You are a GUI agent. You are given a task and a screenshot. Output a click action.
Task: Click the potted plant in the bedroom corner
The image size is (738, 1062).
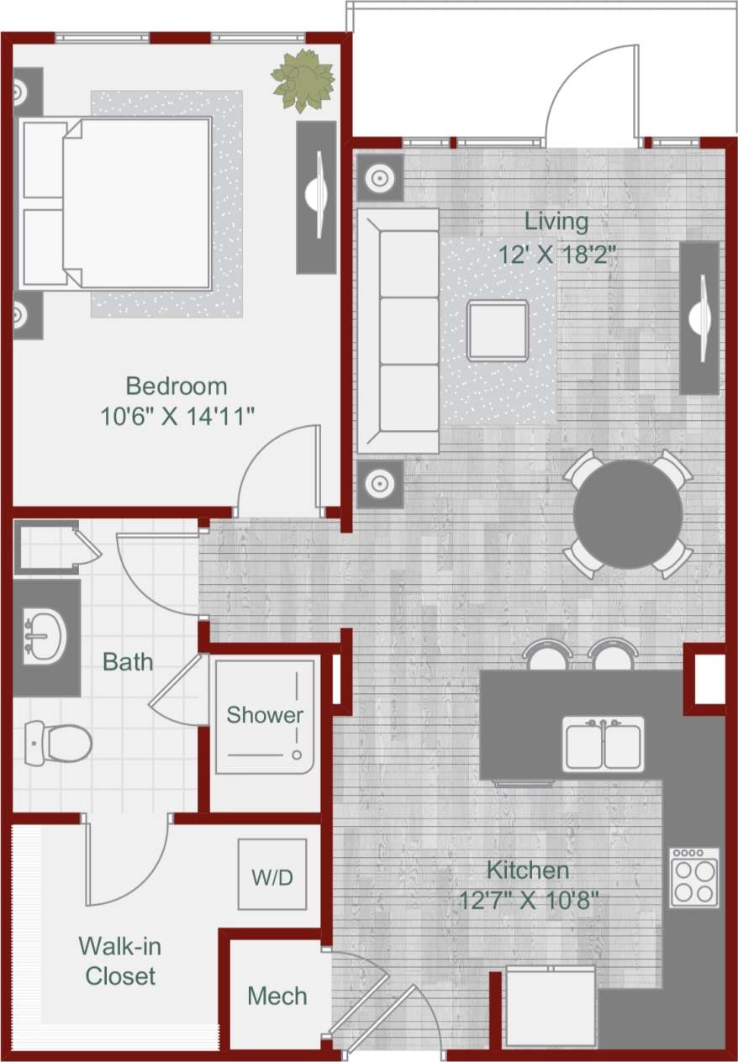[x=303, y=81]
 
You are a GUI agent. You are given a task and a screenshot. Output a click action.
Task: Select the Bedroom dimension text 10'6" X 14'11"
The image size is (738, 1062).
[x=177, y=416]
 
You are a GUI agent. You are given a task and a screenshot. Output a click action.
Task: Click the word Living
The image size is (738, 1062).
[x=556, y=222]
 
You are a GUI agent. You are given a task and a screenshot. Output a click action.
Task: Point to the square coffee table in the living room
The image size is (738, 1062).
[x=498, y=331]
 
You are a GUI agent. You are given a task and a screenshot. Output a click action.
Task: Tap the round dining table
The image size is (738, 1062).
[x=628, y=514]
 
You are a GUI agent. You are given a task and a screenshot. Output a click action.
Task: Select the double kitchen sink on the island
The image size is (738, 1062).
[x=604, y=744]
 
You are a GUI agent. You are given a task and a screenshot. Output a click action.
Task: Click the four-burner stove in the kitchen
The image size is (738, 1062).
[x=694, y=876]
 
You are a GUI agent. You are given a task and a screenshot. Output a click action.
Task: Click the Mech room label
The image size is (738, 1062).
[x=277, y=996]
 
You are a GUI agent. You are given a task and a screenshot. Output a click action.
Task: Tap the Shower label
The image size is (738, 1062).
[x=265, y=715]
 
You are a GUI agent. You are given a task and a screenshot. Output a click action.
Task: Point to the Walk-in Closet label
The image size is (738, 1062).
[x=119, y=960]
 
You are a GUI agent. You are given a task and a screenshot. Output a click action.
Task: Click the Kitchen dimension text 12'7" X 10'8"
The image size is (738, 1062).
[x=529, y=900]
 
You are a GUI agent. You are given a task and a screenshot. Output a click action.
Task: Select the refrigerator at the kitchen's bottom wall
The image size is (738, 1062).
[x=550, y=1007]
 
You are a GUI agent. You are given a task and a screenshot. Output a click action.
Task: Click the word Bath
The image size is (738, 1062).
[x=128, y=662]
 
